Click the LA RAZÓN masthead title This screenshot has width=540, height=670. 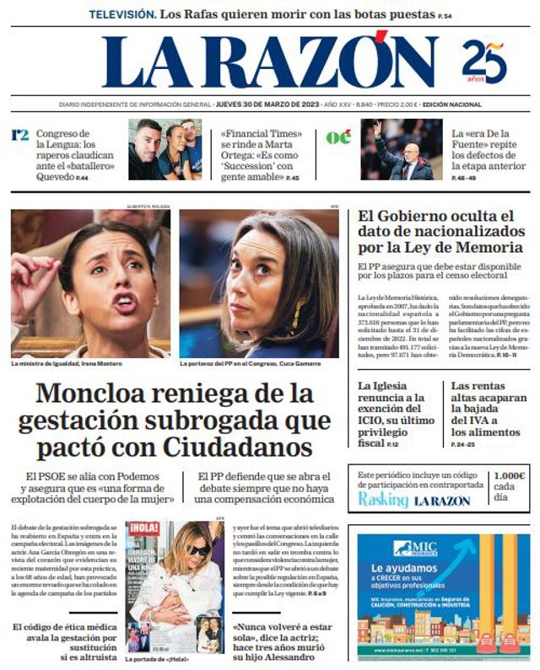click(270, 62)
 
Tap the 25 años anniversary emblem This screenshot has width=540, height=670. click(484, 63)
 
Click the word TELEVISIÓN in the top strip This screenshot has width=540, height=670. click(122, 14)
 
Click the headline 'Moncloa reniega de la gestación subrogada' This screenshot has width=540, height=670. click(175, 419)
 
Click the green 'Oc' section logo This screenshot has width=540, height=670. click(338, 137)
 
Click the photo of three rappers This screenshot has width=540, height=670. click(165, 149)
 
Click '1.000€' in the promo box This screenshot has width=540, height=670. click(510, 476)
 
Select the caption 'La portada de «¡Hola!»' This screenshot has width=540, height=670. click(156, 659)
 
